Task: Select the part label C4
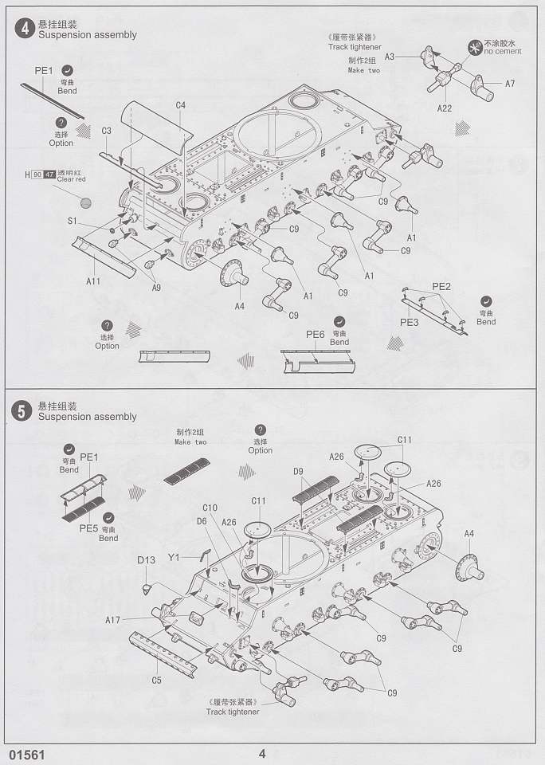coord(181,105)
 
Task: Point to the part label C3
coord(106,130)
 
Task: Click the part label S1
coord(72,221)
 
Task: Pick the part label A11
coord(93,280)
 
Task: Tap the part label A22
coord(445,107)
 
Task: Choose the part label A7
coord(510,84)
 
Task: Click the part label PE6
coord(316,334)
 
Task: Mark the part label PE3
coord(410,322)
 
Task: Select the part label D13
coord(146,560)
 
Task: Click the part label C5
coord(157,680)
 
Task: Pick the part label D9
coord(298,472)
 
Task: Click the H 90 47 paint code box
coord(41,175)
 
